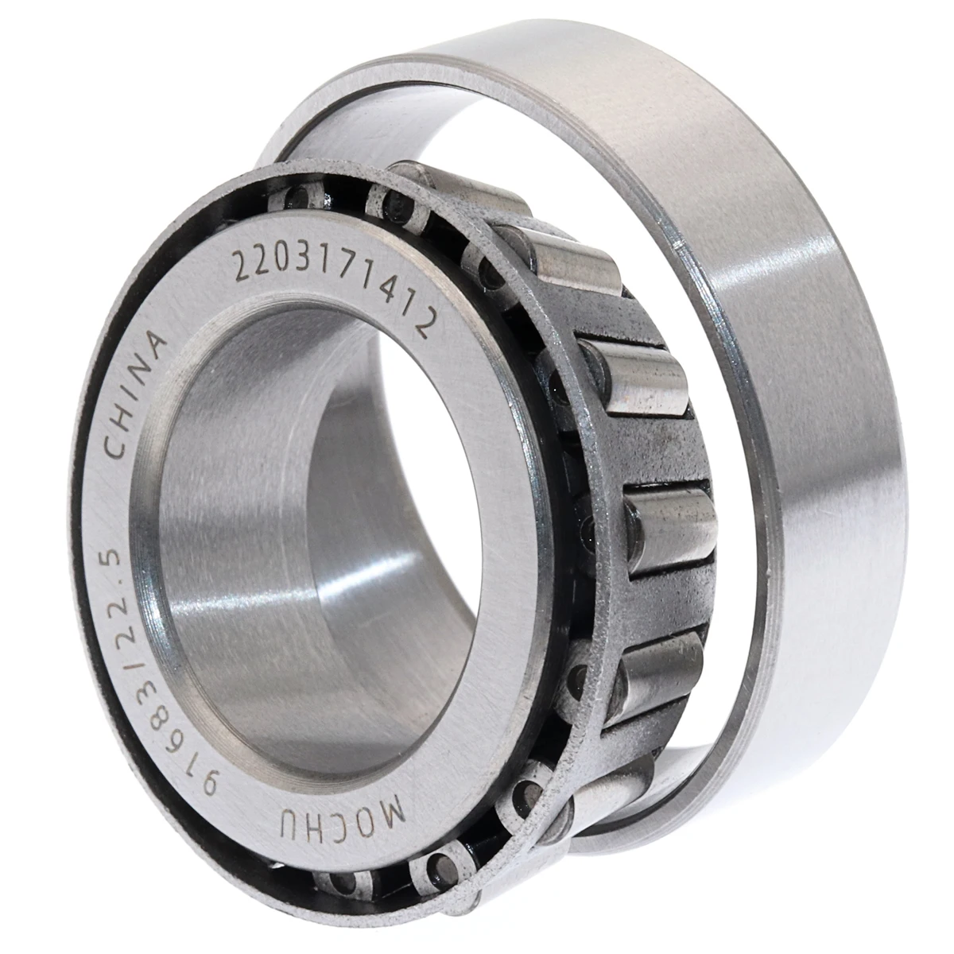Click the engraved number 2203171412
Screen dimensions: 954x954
[x=334, y=282]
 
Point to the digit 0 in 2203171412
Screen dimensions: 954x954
[x=282, y=256]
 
